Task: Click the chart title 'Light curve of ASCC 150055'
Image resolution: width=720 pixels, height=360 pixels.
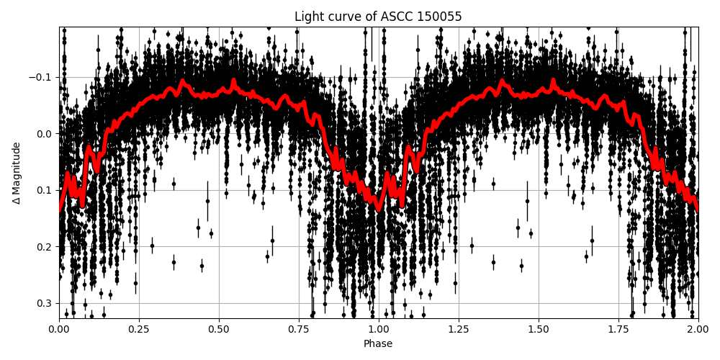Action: coord(378,17)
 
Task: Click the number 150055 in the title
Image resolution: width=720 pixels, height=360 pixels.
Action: coord(439,17)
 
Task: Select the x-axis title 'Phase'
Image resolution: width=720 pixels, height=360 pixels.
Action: coord(378,344)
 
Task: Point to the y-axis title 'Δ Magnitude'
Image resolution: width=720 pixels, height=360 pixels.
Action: coord(17,173)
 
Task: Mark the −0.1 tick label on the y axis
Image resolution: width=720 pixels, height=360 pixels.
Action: coord(42,77)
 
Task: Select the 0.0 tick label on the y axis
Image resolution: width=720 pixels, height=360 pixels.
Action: coord(45,134)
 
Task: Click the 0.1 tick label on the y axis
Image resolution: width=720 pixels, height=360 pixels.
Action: coord(45,190)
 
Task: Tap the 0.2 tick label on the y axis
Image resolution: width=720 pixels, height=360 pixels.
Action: coord(45,247)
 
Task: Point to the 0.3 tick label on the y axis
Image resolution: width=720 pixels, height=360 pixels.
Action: coord(45,303)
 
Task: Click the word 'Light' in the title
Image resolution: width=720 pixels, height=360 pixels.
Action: coord(307,17)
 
